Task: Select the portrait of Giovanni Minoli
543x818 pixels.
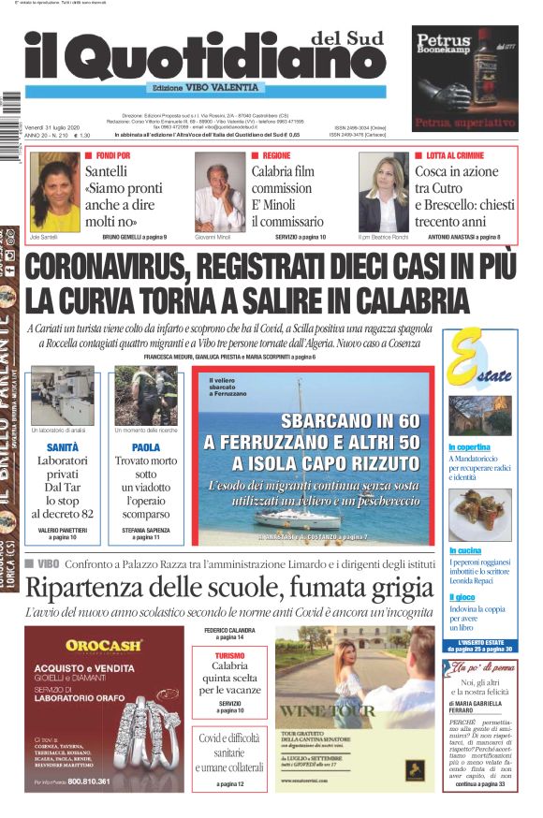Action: [x=219, y=191]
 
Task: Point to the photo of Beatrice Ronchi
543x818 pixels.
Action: [x=383, y=191]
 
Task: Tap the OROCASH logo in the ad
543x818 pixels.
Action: [x=104, y=645]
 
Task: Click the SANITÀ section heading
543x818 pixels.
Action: [x=62, y=448]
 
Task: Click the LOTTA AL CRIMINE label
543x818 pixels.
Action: [x=456, y=155]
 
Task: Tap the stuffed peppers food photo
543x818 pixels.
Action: [x=480, y=514]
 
